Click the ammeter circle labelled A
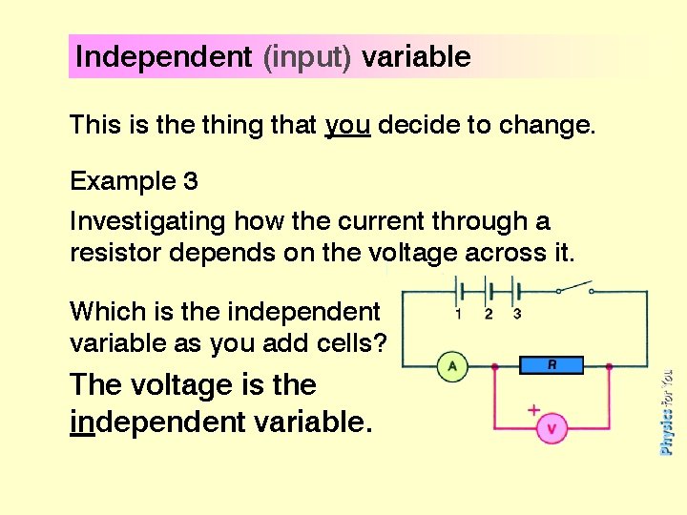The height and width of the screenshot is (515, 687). point(451,365)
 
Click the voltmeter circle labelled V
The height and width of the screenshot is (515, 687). point(551,429)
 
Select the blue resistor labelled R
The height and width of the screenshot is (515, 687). point(552,364)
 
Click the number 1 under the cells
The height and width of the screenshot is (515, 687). point(459,314)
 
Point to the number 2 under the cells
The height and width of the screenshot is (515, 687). point(489,314)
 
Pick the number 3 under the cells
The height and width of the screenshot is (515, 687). point(517,314)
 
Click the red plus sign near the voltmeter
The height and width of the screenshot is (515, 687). point(533,409)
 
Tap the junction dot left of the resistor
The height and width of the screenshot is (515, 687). point(493,365)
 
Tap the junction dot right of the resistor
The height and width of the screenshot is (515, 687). point(609,365)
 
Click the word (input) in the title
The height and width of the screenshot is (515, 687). point(307,57)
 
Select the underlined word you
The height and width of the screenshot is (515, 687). point(347,125)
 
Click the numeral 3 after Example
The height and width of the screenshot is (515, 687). point(191,180)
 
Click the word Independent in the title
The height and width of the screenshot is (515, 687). point(162,57)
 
